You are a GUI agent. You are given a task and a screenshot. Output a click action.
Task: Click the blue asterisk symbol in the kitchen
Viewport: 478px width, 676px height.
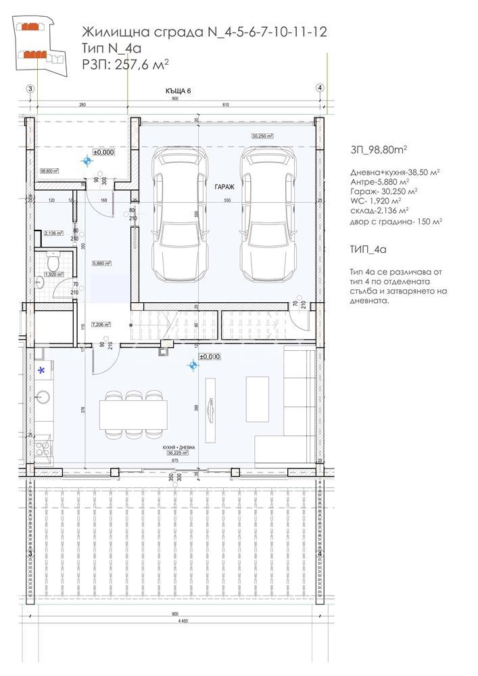click(x=42, y=370)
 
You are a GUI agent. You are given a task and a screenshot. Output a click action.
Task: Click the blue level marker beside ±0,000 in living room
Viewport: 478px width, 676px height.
click(x=194, y=366)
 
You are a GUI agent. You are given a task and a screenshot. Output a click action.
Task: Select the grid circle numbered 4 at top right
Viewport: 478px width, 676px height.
click(x=320, y=88)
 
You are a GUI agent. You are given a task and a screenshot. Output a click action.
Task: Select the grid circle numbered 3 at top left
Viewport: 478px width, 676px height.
click(x=29, y=88)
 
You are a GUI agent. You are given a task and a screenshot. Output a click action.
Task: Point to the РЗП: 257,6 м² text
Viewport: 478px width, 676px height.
click(x=124, y=64)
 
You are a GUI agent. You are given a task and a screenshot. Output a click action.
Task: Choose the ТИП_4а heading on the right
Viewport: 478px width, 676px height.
click(x=368, y=249)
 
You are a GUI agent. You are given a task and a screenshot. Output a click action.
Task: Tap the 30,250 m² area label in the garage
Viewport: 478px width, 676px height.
click(x=261, y=136)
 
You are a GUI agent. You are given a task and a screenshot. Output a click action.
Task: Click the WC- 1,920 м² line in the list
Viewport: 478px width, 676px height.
click(x=376, y=201)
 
